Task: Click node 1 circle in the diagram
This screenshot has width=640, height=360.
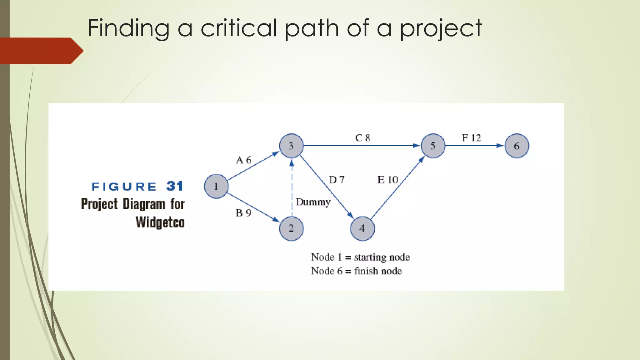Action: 216,186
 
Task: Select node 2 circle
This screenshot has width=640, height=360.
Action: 291,228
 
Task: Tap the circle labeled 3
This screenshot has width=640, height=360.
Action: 291,146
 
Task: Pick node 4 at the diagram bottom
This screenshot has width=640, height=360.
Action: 362,228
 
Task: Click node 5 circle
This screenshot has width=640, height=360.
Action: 433,146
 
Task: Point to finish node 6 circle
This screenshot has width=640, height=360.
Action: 517,146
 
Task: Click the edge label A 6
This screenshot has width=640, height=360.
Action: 243,160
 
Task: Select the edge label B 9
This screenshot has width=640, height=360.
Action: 243,213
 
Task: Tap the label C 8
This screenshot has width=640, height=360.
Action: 362,138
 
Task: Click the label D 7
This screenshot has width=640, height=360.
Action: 337,180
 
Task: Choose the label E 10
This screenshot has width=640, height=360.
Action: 387,180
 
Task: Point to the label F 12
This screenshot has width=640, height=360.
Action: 471,138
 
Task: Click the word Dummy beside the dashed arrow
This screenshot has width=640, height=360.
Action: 313,202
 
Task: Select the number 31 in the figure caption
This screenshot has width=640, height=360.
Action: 175,186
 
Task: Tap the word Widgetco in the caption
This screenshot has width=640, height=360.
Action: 160,222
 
